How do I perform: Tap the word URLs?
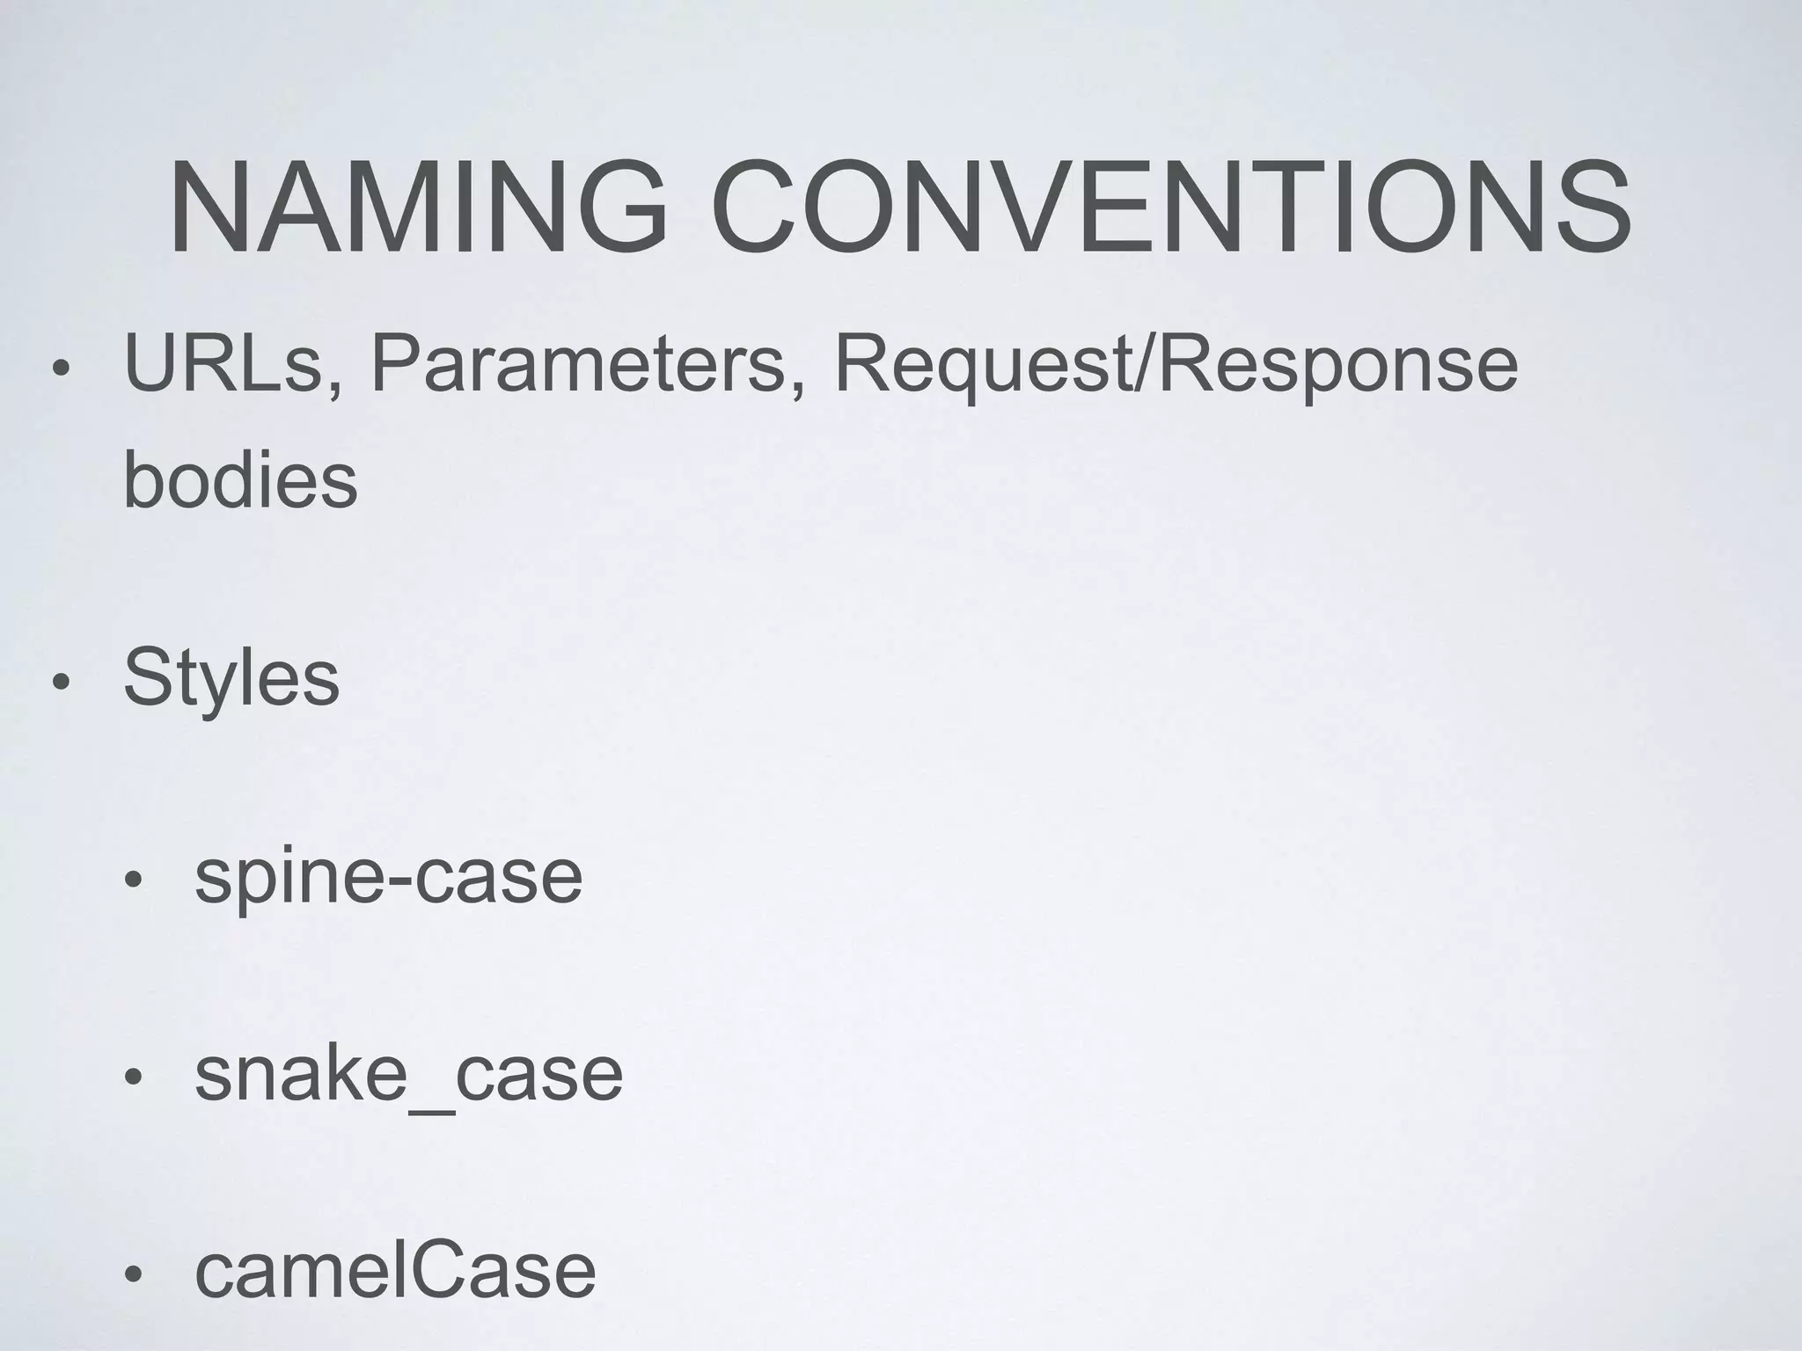pyautogui.click(x=224, y=364)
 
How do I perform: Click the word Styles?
pyautogui.click(x=231, y=680)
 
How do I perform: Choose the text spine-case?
pyautogui.click(x=388, y=879)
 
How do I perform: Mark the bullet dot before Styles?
pyautogui.click(x=59, y=683)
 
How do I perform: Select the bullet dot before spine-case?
pyautogui.click(x=132, y=881)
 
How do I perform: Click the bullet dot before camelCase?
pyautogui.click(x=132, y=1274)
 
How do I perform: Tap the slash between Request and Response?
pyautogui.click(x=1145, y=364)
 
